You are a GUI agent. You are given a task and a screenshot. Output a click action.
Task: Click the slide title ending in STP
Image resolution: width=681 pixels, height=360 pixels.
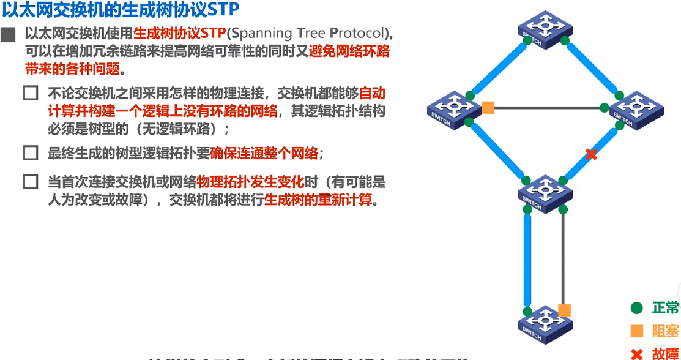pyautogui.click(x=121, y=10)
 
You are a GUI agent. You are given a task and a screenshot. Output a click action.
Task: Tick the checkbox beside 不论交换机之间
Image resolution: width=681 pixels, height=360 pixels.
pyautogui.click(x=31, y=94)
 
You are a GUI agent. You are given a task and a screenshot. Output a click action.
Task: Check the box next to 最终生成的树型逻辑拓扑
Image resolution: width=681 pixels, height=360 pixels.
pyautogui.click(x=31, y=152)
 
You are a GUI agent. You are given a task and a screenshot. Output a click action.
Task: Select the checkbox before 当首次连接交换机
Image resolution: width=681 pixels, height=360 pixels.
pyautogui.click(x=31, y=182)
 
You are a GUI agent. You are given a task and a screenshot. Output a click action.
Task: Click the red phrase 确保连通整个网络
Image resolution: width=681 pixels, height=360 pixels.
pyautogui.click(x=264, y=153)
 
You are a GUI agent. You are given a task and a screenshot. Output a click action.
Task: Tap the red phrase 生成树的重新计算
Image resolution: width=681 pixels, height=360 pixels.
pyautogui.click(x=318, y=200)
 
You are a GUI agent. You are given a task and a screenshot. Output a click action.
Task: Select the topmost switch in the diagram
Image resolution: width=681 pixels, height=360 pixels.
pyautogui.click(x=545, y=29)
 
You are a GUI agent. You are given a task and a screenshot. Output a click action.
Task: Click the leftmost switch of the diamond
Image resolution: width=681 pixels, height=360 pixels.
pyautogui.click(x=453, y=110)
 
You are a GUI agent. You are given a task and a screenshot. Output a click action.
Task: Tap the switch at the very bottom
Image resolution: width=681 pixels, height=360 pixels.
pyautogui.click(x=545, y=324)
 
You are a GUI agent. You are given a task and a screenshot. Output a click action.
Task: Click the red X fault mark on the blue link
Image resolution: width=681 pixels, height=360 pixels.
pyautogui.click(x=591, y=154)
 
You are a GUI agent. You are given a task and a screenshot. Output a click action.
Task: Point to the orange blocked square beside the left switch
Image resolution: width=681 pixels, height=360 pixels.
pyautogui.click(x=488, y=108)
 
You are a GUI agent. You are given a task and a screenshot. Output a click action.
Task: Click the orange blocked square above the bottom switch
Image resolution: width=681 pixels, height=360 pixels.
pyautogui.click(x=564, y=310)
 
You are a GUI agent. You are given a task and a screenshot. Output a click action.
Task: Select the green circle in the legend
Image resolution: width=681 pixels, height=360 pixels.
pyautogui.click(x=636, y=308)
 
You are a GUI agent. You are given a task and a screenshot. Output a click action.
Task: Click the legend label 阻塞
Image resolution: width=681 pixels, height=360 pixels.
pyautogui.click(x=665, y=331)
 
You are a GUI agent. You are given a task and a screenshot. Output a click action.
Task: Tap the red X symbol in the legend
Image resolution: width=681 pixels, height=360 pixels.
pyautogui.click(x=636, y=353)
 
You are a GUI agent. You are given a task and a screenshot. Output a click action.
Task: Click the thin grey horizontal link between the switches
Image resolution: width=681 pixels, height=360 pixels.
pyautogui.click(x=548, y=109)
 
